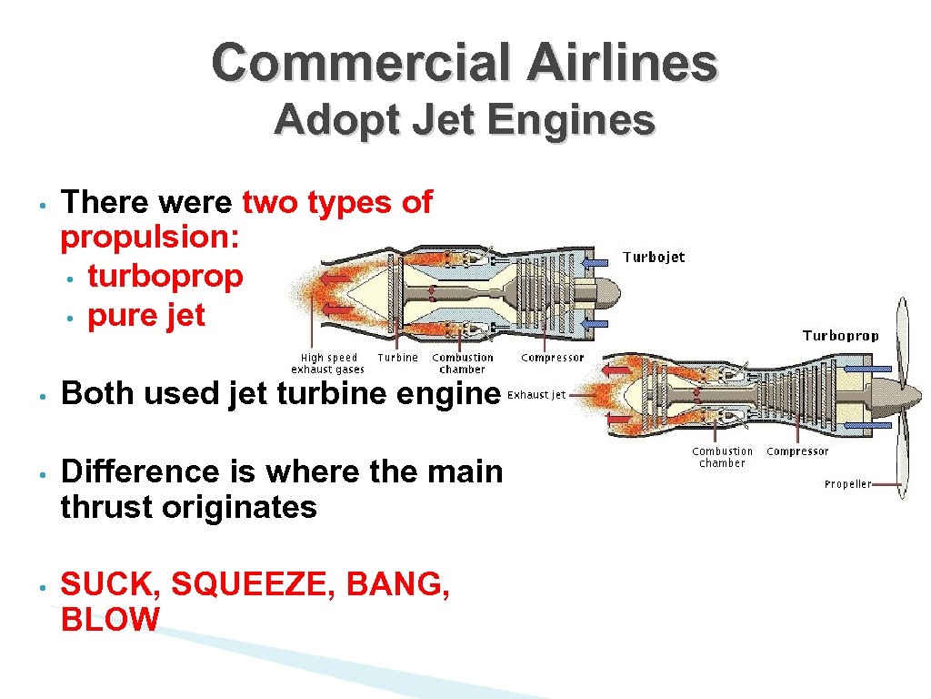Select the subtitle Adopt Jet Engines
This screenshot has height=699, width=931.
pos(465,119)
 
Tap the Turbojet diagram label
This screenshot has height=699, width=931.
pos(654,258)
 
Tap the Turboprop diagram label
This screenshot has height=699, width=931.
pos(840,336)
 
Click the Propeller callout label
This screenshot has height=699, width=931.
pos(847,484)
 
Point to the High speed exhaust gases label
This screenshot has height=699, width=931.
pos(328,363)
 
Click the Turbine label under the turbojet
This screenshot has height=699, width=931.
pos(397,358)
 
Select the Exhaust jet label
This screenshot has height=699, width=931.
pos(536,395)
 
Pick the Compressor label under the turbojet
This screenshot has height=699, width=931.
pos(553,358)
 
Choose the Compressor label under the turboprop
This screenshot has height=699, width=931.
pos(797,451)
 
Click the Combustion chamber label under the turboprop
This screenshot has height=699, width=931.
pos(723,457)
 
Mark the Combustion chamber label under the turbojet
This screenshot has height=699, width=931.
pos(463,363)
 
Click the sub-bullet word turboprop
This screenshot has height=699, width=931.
pos(165,277)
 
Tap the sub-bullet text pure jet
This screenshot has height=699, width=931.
pos(146,316)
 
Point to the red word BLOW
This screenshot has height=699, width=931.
pos(109,620)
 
